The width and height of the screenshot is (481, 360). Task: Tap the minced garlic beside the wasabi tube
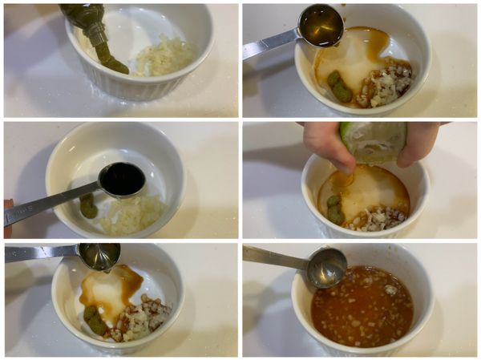coord(164,58)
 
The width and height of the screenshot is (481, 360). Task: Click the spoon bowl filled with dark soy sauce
coord(122,179)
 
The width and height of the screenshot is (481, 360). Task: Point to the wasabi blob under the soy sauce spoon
coord(88,205)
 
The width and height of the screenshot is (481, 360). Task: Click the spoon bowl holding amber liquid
coord(320,25)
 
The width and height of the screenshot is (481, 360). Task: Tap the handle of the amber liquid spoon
coord(269,44)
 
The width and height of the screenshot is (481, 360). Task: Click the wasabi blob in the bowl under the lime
coord(334,209)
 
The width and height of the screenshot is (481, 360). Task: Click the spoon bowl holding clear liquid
coord(99,256)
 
